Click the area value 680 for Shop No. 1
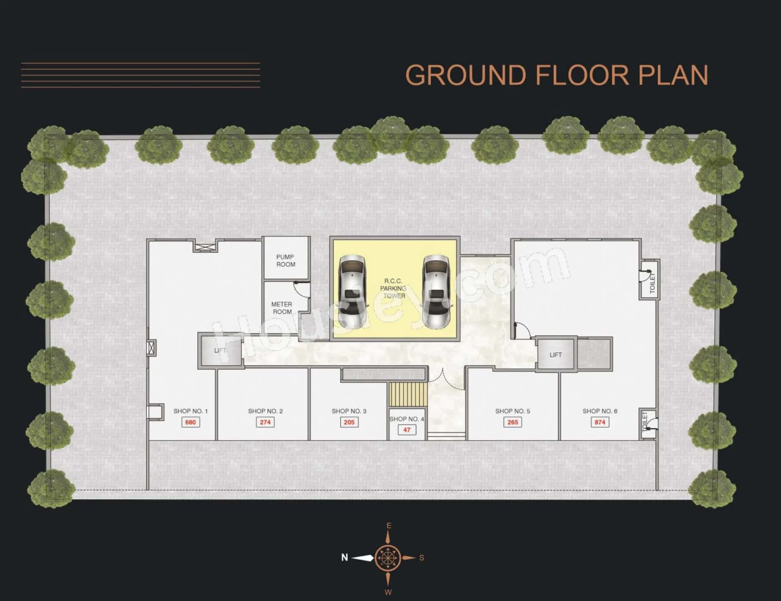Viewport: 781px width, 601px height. (x=190, y=422)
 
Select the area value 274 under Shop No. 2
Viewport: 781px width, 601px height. (x=265, y=422)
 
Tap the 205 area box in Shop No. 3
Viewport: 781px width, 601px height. (x=349, y=422)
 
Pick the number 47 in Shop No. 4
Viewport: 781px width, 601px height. (x=407, y=430)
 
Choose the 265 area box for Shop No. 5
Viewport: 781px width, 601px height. (x=513, y=422)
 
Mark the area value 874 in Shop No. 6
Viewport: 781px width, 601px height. (x=599, y=422)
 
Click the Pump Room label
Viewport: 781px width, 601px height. (x=286, y=261)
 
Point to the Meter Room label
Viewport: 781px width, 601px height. (x=282, y=308)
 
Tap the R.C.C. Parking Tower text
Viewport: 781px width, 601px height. (x=394, y=288)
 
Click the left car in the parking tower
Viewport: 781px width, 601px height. (x=352, y=292)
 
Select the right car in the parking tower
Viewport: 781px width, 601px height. (x=436, y=292)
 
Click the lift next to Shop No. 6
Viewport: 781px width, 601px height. (x=556, y=354)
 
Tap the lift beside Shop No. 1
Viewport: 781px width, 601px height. (x=220, y=351)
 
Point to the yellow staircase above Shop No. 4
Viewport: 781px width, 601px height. (x=407, y=395)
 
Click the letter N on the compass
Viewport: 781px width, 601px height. (x=344, y=558)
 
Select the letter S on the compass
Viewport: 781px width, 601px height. (x=422, y=558)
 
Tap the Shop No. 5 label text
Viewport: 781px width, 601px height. (x=513, y=411)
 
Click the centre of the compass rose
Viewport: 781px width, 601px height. (x=388, y=558)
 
